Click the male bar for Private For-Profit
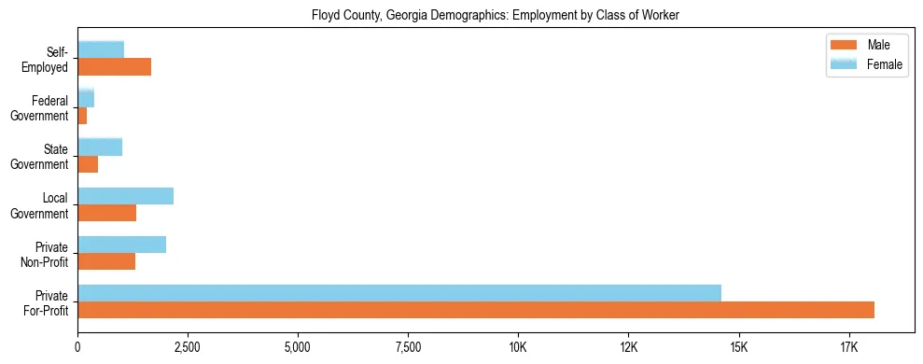(476, 310)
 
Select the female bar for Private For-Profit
(399, 293)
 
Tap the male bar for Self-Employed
(114, 67)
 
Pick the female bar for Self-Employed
(101, 49)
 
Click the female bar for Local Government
(125, 196)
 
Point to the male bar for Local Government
(106, 213)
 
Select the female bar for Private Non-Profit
(121, 245)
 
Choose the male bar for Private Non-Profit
(106, 261)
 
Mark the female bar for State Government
(100, 147)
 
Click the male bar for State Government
(88, 164)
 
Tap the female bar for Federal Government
(86, 98)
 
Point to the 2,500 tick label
(188, 348)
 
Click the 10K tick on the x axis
(518, 348)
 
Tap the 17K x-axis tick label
(848, 348)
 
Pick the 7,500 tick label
(408, 348)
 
